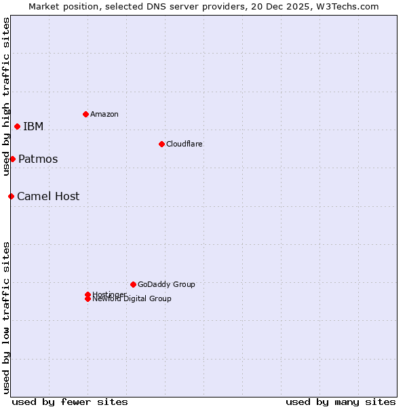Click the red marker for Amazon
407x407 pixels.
pos(85,114)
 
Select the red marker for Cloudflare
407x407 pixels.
pos(161,144)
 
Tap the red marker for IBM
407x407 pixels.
pos(17,126)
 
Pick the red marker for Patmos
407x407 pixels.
pos(12,159)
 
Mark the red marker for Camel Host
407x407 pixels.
pos(11,196)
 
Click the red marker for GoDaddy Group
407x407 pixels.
pos(133,284)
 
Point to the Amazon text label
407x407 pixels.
pos(104,114)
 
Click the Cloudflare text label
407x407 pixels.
pos(185,144)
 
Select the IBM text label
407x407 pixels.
pos(33,126)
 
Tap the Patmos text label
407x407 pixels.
pos(38,159)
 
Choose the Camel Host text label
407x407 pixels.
pos(48,196)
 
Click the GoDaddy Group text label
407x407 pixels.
pos(166,284)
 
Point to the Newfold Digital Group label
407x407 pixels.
pos(132,299)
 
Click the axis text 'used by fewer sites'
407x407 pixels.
pos(70,402)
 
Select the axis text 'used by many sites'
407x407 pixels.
pos(341,402)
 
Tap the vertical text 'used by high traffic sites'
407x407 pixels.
pos(6,96)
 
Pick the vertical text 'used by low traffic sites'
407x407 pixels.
pos(6,317)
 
